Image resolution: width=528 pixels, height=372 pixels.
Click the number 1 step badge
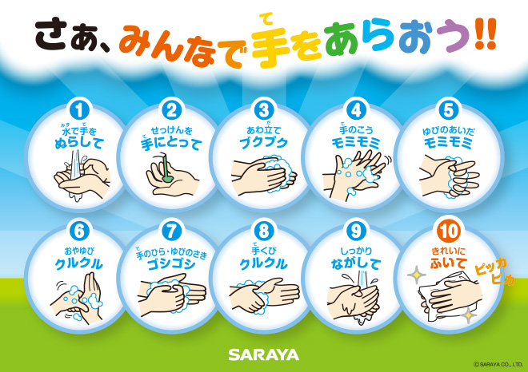(x=79, y=110)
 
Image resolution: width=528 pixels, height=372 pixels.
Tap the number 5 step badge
(x=449, y=110)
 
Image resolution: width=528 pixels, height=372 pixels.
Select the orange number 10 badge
(x=449, y=232)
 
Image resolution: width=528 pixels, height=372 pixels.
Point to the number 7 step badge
(x=172, y=232)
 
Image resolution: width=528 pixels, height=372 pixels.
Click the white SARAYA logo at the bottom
(x=264, y=354)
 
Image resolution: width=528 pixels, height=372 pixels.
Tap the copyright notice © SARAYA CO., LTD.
(x=498, y=364)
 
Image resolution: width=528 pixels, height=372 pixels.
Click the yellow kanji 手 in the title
(x=270, y=47)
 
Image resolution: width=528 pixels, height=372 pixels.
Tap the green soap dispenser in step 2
(x=166, y=167)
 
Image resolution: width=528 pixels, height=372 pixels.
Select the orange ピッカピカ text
(x=494, y=272)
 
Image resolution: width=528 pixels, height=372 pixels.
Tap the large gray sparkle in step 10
(x=417, y=275)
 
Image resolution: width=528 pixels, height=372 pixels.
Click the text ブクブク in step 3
(x=264, y=143)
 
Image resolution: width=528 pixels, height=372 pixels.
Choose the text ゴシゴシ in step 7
(x=172, y=264)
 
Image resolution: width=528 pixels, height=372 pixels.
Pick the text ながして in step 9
(x=356, y=264)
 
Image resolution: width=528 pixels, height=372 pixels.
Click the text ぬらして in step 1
(x=79, y=143)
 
